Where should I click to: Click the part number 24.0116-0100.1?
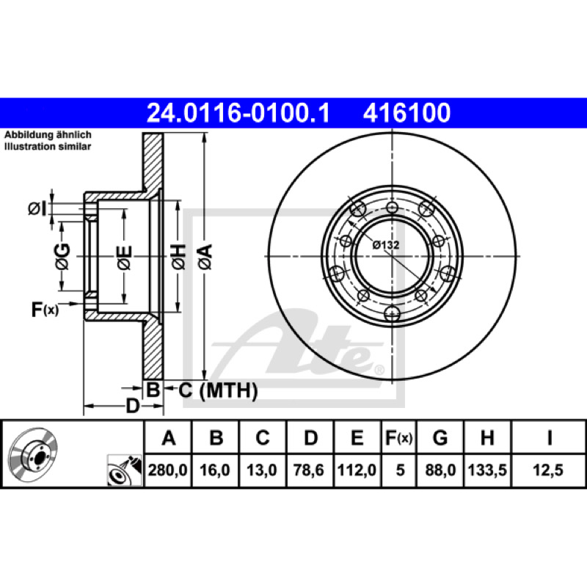point(238,113)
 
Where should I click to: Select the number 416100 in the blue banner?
point(406,113)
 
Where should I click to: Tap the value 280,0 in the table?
point(168,470)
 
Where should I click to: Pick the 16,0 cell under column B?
point(215,470)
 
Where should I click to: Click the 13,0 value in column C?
point(262,470)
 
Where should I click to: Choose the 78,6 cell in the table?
point(309,470)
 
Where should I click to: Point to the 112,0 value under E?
point(357,470)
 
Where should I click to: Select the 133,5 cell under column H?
point(487,470)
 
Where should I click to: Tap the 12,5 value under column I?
point(548,470)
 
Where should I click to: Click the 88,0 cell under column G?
point(440,470)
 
